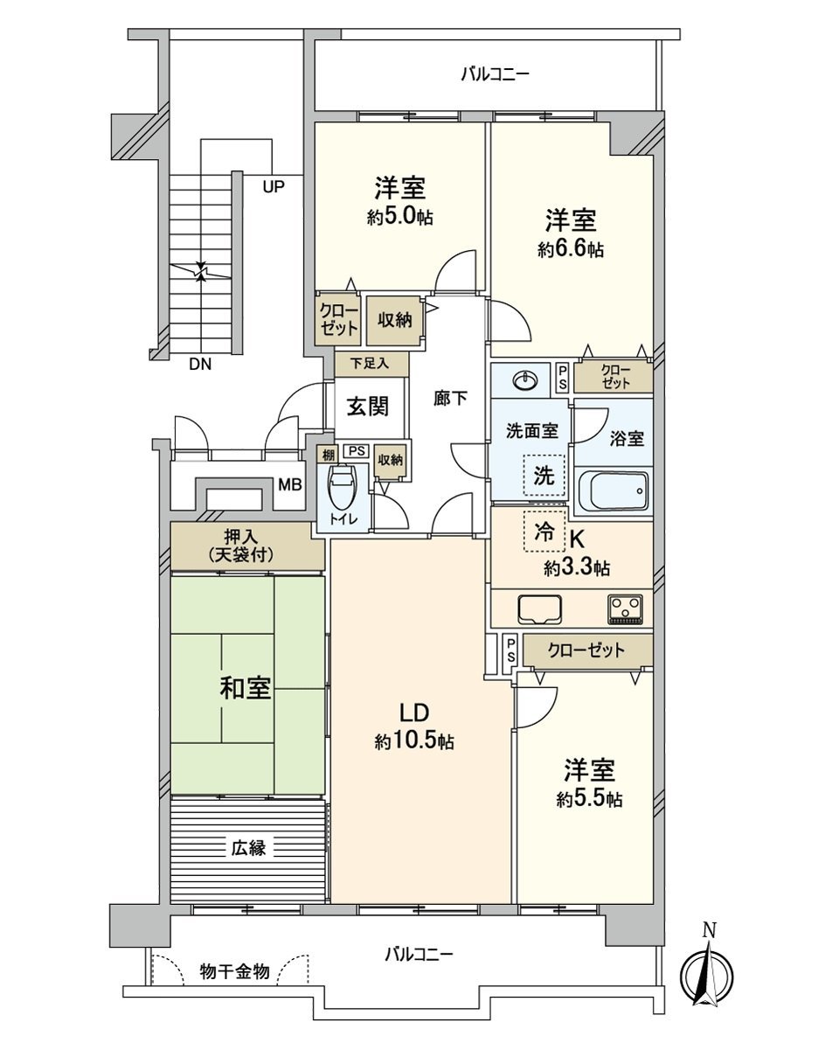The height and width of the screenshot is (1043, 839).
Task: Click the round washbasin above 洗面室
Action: coord(524,380)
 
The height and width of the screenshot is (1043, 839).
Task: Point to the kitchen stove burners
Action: coord(625,608)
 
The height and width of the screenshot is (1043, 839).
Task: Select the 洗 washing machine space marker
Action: coord(544,477)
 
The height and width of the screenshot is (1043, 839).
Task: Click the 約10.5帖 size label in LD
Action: coord(414,741)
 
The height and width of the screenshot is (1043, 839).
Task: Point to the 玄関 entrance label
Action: coord(367,407)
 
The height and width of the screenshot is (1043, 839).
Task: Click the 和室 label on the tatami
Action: coord(245,689)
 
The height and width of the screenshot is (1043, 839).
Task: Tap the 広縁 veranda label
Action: coord(248,846)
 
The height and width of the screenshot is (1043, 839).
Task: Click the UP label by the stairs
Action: coord(274,185)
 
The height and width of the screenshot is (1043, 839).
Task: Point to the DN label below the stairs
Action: coord(200,365)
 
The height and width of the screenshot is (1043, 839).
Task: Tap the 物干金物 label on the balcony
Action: coord(234,971)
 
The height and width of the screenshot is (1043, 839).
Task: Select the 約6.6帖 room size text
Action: coord(570,250)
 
